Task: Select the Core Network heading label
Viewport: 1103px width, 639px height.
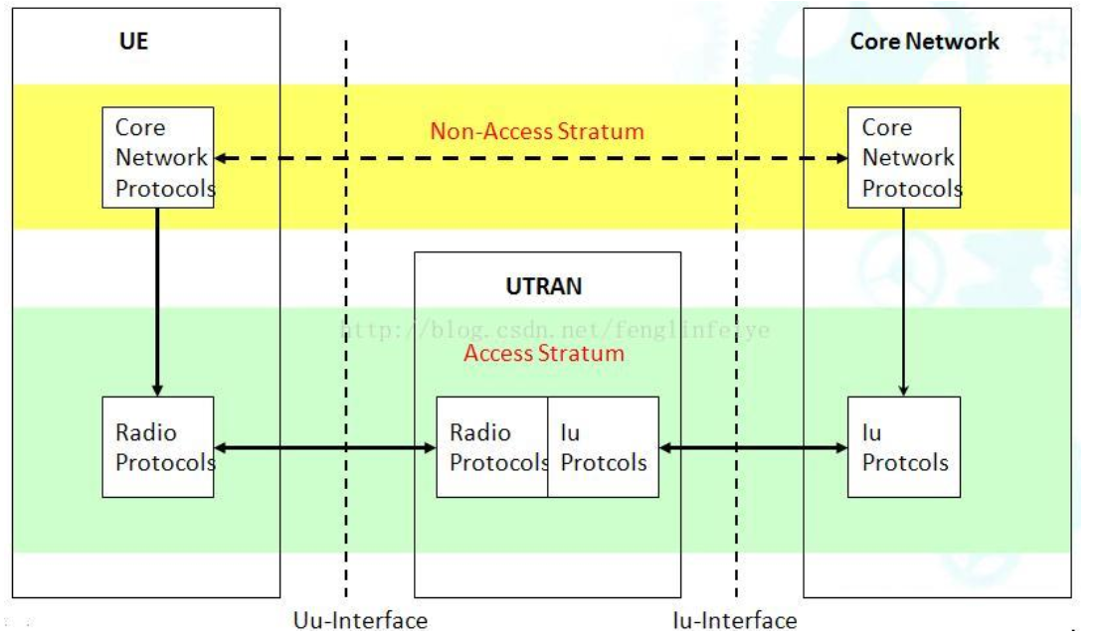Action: point(924,42)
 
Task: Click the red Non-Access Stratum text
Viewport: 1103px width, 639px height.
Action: point(537,130)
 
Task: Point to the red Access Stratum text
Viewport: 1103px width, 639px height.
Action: point(543,353)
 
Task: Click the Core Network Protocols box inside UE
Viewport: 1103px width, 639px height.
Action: point(158,157)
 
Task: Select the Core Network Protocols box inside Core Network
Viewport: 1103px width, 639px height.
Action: point(903,157)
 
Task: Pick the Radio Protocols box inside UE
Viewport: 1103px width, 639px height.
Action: point(158,447)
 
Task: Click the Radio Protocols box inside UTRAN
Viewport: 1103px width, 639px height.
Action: point(492,447)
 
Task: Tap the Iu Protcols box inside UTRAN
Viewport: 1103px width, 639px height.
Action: point(603,447)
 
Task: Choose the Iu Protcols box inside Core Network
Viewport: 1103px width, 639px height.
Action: point(903,447)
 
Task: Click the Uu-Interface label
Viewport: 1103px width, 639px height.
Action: point(360,621)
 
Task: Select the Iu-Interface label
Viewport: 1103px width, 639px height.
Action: point(734,621)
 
